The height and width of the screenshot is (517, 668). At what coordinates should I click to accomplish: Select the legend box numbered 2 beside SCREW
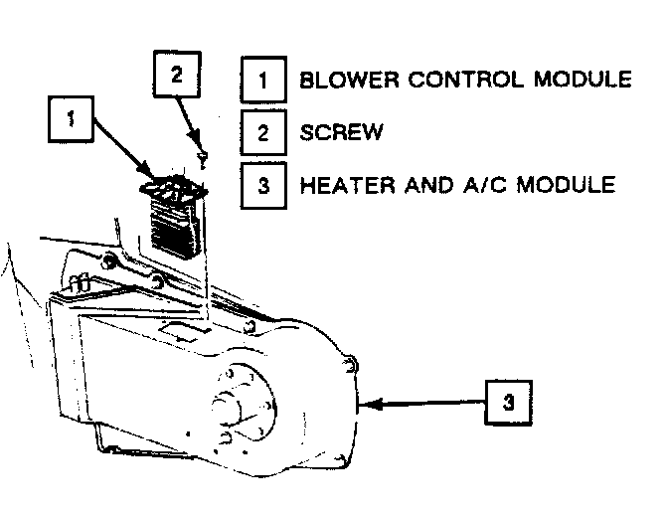tap(262, 132)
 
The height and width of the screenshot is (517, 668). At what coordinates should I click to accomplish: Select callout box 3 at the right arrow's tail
tap(508, 404)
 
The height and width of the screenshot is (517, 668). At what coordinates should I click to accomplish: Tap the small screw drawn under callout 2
tap(203, 157)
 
